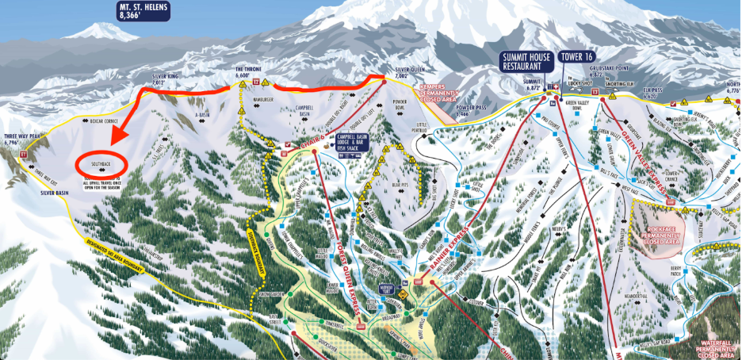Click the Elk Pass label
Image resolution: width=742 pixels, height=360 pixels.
[x=652, y=91]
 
